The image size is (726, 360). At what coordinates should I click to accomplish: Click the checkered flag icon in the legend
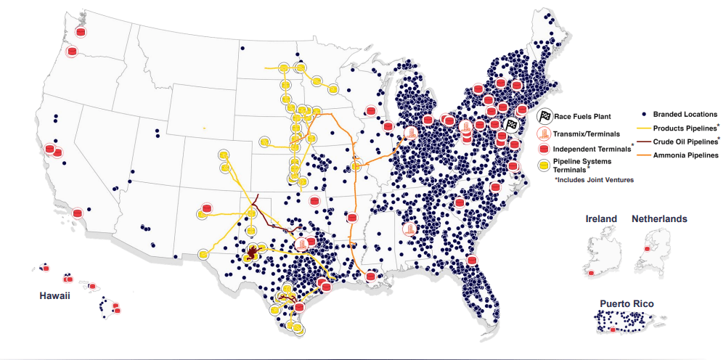click(544, 116)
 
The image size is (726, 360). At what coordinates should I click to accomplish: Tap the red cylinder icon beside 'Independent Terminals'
click(544, 149)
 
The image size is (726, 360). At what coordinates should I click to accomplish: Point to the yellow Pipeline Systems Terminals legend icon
click(544, 165)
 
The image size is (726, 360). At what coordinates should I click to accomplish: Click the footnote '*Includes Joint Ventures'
click(590, 179)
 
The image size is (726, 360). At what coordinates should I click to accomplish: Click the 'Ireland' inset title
click(601, 218)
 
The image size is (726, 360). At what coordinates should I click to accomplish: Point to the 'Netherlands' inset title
click(659, 218)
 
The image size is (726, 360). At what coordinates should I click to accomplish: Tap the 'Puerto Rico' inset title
click(629, 303)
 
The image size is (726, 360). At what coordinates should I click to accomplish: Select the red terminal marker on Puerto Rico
click(614, 330)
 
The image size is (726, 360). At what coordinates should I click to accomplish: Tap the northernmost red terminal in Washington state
click(81, 32)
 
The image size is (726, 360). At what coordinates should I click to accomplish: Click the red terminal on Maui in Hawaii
click(91, 286)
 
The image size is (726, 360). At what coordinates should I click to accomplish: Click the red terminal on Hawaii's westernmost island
click(46, 269)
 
